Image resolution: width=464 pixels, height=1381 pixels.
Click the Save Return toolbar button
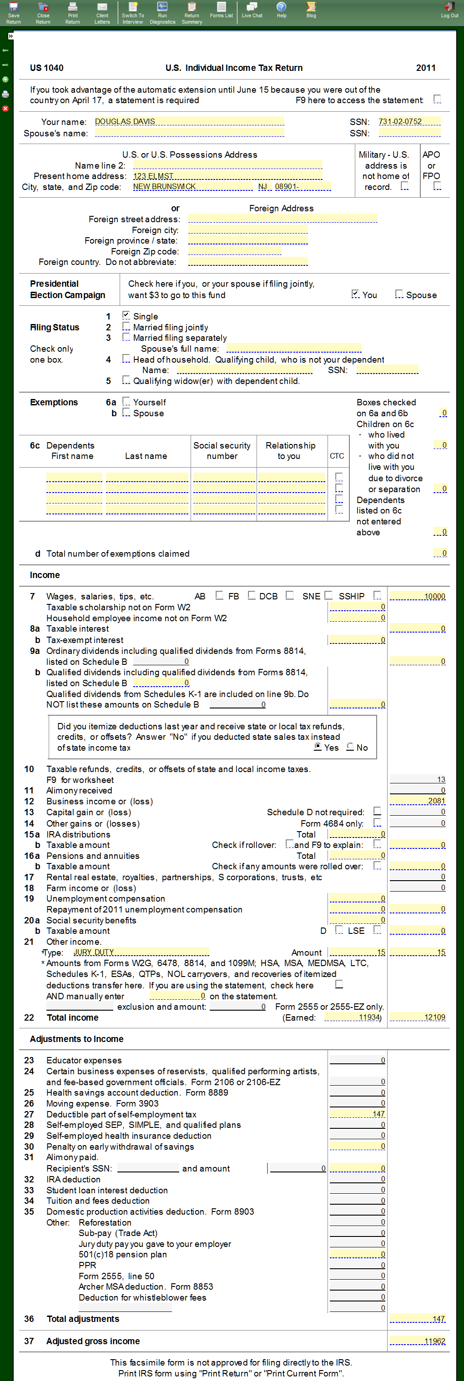(13, 12)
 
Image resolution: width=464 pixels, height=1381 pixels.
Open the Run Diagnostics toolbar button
(162, 12)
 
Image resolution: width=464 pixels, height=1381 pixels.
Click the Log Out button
(449, 12)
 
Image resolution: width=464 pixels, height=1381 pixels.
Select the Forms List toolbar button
(221, 11)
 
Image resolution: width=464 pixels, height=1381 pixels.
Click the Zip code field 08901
(302, 187)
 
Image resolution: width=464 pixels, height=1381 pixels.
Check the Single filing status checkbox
(126, 315)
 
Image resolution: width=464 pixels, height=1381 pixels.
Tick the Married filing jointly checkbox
(126, 326)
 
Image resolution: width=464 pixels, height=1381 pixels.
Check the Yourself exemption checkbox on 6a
(126, 401)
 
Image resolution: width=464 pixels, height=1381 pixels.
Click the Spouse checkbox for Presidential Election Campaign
(398, 294)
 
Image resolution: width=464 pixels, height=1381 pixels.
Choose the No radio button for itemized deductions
(350, 747)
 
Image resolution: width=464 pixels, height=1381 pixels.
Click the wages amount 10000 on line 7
(417, 596)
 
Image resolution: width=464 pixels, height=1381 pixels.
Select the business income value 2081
(417, 801)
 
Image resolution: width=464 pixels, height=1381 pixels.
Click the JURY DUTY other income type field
(141, 952)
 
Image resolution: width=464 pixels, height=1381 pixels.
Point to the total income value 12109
(417, 1017)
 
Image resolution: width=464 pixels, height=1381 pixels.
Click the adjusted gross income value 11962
(417, 1341)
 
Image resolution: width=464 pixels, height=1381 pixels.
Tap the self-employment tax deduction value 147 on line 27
(357, 1113)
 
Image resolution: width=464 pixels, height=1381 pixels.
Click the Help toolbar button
(281, 11)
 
